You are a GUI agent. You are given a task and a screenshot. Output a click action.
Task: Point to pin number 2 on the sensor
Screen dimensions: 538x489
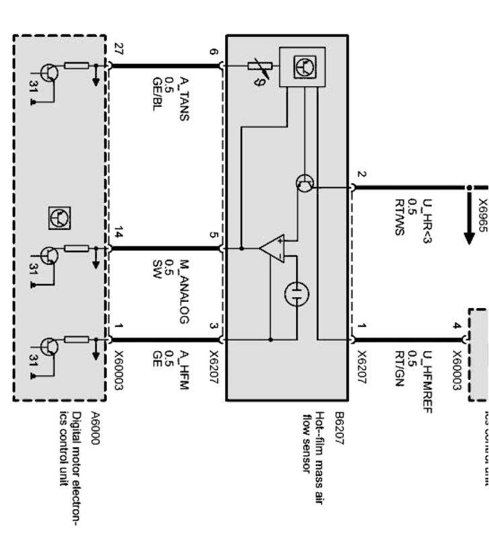point(361,174)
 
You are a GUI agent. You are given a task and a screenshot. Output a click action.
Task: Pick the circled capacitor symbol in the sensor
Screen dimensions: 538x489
point(296,294)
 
